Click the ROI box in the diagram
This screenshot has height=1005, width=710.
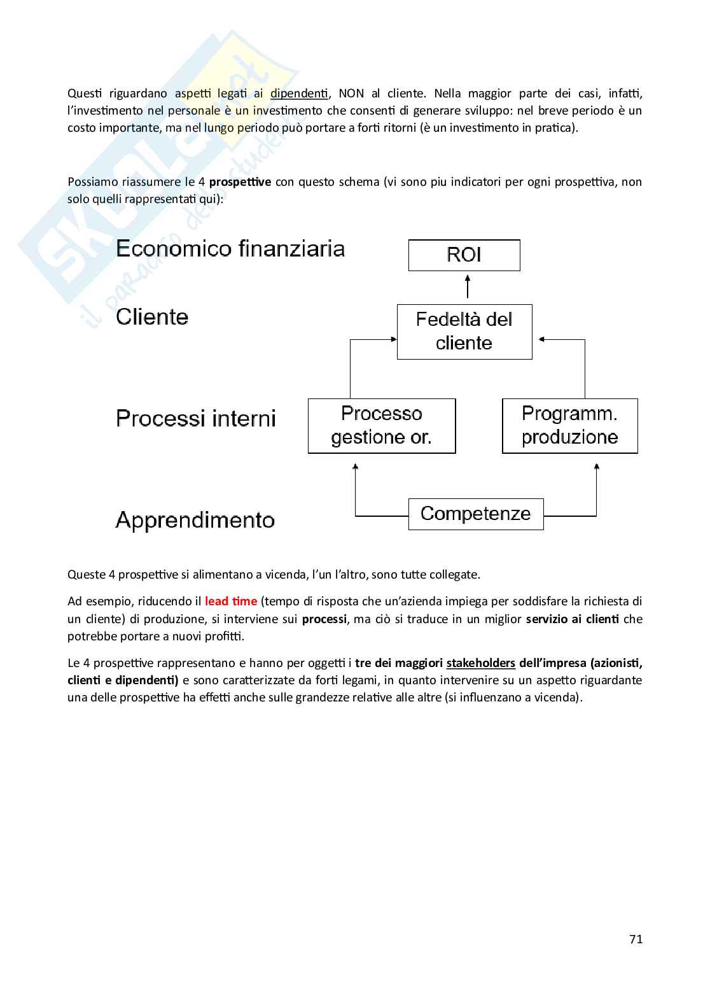464,255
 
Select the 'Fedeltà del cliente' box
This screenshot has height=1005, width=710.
464,332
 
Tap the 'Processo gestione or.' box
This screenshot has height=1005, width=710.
382,426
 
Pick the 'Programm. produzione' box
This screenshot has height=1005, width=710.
569,426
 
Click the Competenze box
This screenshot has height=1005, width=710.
475,514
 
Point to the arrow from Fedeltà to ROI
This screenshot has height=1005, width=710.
468,287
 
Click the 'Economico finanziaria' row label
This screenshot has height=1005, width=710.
230,248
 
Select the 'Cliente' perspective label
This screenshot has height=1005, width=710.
152,317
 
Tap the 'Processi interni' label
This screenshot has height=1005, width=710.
196,419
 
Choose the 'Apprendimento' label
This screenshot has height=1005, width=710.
195,521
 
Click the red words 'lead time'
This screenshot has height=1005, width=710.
231,601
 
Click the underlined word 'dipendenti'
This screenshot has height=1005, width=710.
299,94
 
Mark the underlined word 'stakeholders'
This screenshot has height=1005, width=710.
480,663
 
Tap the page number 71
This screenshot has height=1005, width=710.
636,939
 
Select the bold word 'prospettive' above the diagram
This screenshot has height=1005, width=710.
240,182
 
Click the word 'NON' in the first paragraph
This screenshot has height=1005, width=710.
351,94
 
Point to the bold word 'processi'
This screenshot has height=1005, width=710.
324,619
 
